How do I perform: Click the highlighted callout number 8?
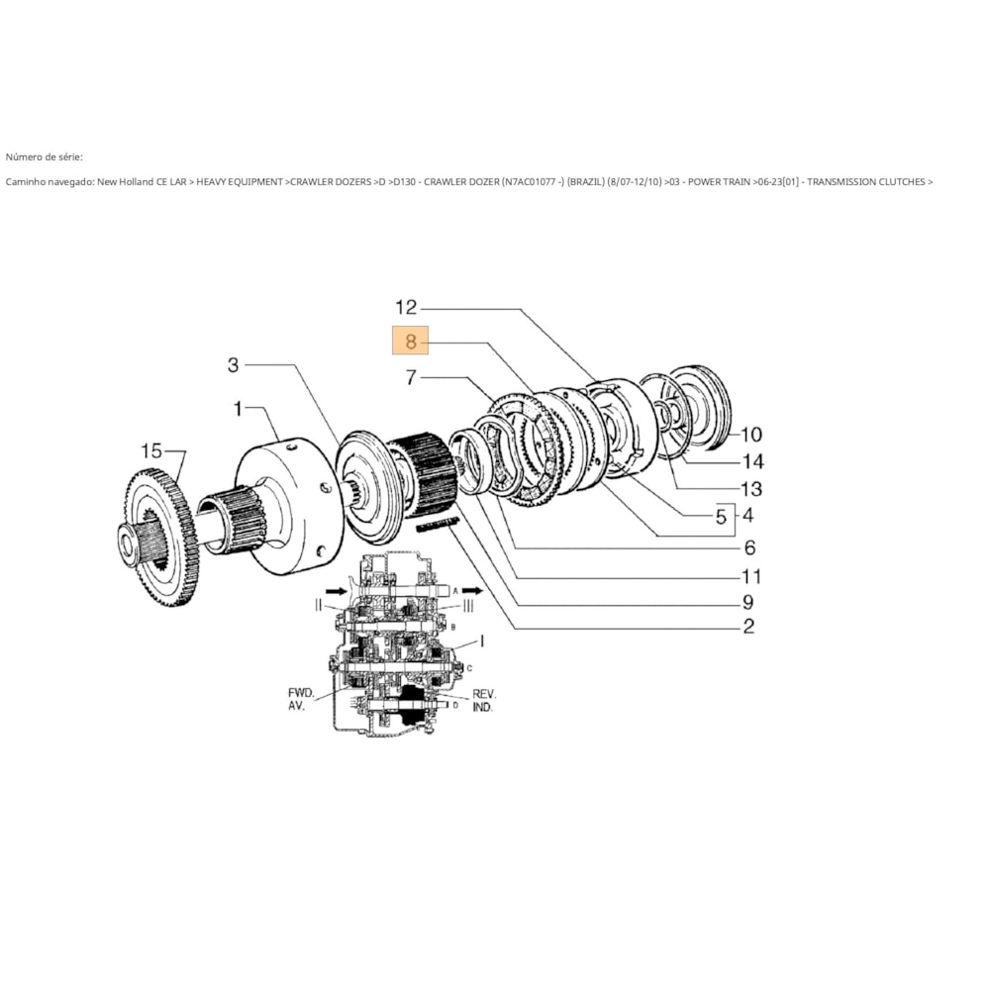411,342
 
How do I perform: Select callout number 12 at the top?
407,307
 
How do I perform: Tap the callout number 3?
233,365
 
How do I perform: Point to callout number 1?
238,408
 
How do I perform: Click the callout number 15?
150,451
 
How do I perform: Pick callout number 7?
412,377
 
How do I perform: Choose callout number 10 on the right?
751,434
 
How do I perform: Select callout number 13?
751,488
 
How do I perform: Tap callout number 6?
749,547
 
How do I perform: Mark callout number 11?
751,576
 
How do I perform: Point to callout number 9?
749,602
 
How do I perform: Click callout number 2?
749,626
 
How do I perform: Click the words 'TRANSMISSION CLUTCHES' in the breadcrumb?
867,182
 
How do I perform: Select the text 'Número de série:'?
45,156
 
